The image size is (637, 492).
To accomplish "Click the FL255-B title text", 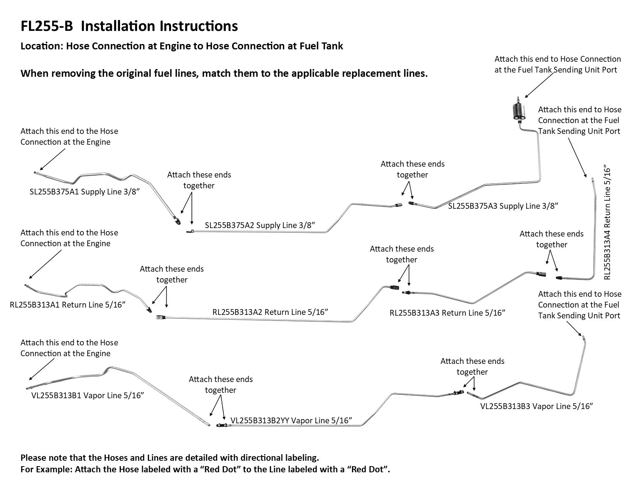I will tap(129, 26).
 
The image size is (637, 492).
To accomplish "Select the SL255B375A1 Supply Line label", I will tap(84, 192).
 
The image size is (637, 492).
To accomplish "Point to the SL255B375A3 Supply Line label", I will tap(503, 206).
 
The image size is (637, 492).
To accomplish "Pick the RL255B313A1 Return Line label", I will tap(68, 305).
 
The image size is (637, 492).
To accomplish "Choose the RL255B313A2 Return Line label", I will tap(270, 312).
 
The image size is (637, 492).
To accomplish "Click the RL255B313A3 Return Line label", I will tap(447, 313).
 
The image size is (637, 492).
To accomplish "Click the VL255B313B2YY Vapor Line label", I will tap(291, 420).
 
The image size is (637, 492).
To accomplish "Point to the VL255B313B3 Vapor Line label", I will tap(536, 406).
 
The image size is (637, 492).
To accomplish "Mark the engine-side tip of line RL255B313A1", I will tap(26, 285).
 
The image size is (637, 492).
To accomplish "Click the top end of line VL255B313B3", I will tap(583, 337).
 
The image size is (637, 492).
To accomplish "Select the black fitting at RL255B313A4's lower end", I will tap(559, 277).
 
